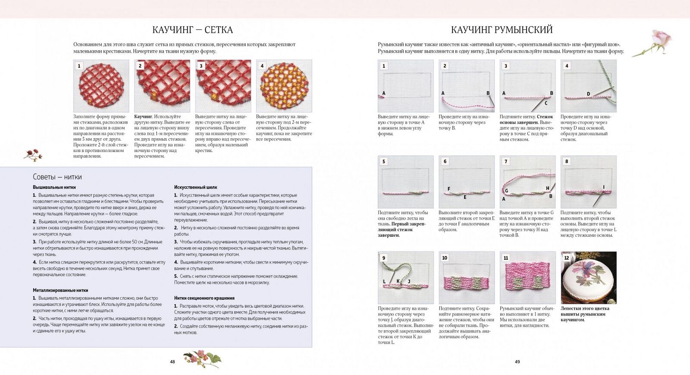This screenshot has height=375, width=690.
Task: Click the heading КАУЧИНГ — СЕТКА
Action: coord(192,30)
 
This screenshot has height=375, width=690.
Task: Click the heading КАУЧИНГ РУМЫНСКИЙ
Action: coord(502,30)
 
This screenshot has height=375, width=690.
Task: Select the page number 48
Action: coord(172,362)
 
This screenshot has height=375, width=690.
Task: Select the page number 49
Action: coord(517,362)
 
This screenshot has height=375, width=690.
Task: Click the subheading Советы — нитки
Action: coord(57,177)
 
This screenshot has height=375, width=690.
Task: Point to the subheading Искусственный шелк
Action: coord(195,187)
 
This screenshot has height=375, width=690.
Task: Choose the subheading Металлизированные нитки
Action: coord(60,290)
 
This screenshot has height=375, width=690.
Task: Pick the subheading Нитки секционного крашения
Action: coord(204,298)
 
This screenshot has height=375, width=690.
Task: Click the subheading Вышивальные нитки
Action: coord(54,187)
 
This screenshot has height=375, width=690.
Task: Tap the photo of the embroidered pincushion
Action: coord(588,278)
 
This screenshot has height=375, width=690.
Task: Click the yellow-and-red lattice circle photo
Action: coord(284,86)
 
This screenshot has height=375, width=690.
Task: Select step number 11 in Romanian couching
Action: coord(506,258)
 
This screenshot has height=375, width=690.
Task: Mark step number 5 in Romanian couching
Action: coord(384,162)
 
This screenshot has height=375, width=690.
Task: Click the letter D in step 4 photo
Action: coord(588,94)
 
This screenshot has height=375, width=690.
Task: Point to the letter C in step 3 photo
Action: coord(546,103)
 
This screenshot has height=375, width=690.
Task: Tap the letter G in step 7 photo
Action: coord(506,191)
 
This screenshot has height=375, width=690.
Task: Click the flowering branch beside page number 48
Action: coord(202,358)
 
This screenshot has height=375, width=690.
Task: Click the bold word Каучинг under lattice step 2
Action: coord(143,117)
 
